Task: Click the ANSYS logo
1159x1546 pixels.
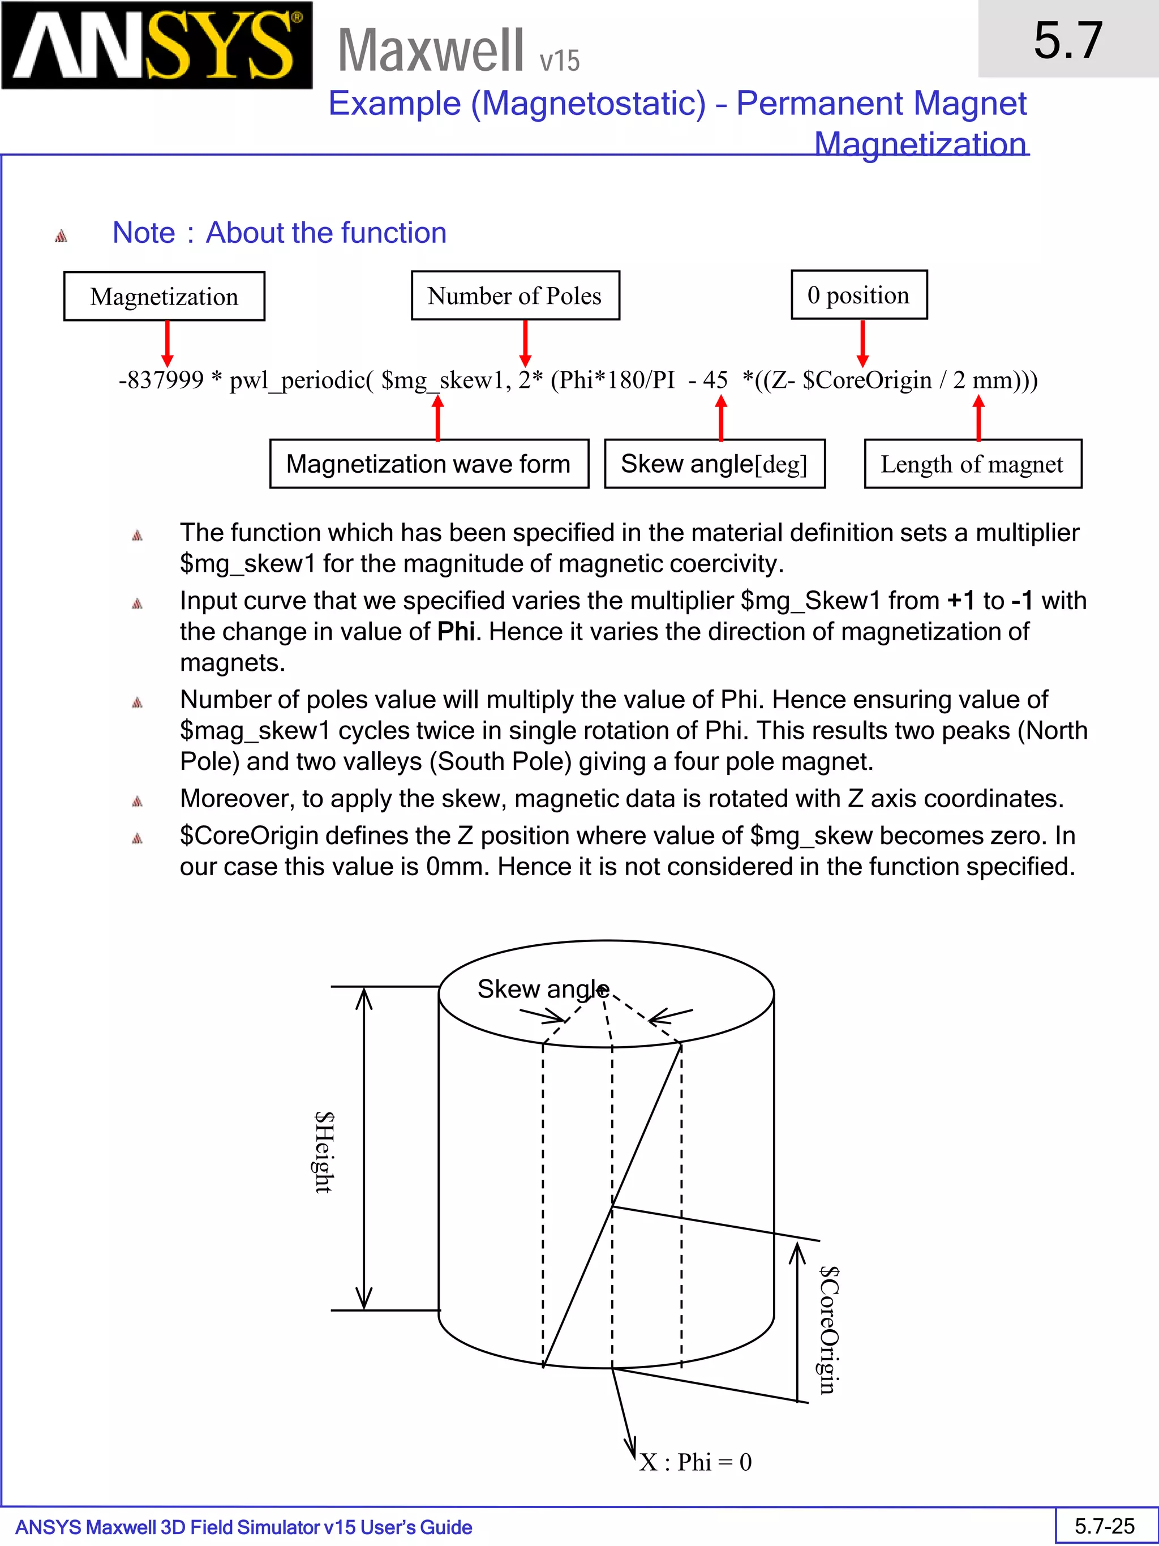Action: tap(157, 45)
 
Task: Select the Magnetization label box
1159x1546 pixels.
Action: tap(164, 296)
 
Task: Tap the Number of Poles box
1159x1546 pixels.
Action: tap(515, 296)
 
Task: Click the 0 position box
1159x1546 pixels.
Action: tap(858, 295)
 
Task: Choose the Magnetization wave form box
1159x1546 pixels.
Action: tap(428, 464)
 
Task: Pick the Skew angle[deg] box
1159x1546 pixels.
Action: tap(714, 464)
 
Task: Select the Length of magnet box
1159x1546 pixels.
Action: tap(972, 464)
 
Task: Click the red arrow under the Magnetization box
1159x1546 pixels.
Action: tap(167, 343)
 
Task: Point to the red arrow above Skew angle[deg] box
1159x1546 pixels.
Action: tap(721, 417)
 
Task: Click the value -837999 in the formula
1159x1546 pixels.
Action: tap(161, 380)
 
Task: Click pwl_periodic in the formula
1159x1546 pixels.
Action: tap(298, 381)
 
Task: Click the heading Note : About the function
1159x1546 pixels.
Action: tap(280, 233)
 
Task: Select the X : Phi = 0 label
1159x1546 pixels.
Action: tap(695, 1462)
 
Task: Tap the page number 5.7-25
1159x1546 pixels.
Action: tap(1105, 1526)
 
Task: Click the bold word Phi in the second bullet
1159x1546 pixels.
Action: tap(456, 632)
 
